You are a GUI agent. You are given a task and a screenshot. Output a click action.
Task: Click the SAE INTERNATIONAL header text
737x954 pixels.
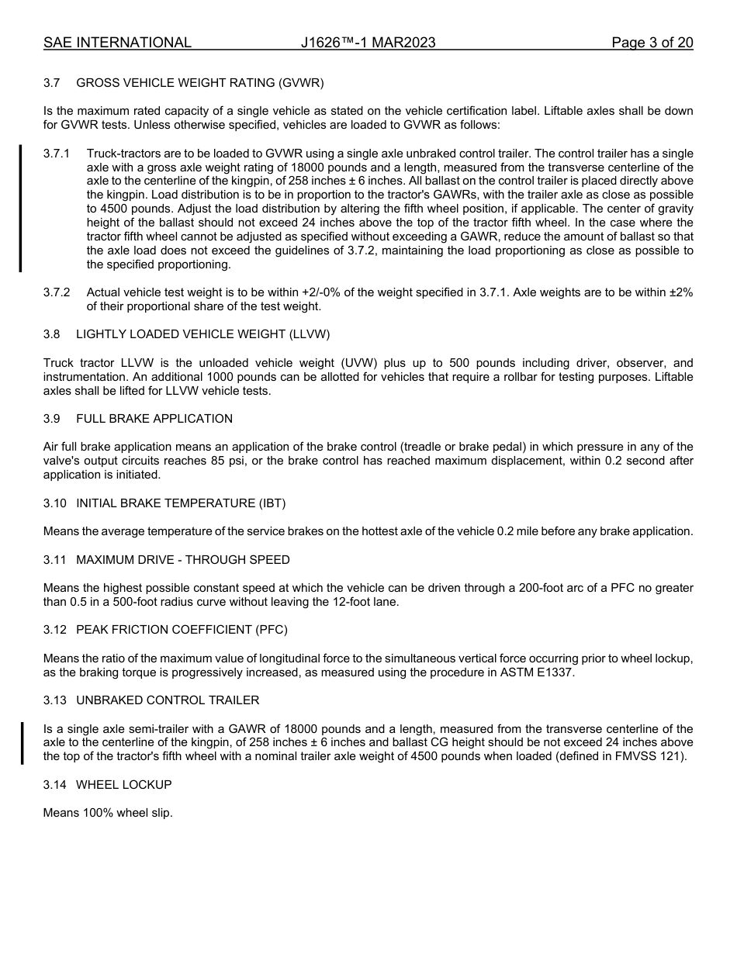click(117, 43)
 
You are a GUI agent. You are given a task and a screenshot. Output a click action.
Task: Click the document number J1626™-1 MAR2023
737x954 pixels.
click(368, 43)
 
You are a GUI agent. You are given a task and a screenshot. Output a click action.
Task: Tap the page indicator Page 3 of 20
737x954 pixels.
click(652, 43)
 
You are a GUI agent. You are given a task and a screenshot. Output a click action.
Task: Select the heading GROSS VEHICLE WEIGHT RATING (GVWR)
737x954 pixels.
click(199, 82)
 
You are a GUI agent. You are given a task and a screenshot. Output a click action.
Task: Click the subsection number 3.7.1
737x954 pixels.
click(57, 154)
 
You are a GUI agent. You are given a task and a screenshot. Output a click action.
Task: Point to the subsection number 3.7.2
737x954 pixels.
click(57, 292)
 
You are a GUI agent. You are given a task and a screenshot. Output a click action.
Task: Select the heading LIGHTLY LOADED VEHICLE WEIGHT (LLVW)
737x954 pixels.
click(202, 334)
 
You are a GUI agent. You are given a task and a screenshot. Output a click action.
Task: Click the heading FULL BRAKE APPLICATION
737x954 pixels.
click(154, 419)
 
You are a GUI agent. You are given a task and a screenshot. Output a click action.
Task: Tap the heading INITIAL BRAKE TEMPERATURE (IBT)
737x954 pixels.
click(181, 503)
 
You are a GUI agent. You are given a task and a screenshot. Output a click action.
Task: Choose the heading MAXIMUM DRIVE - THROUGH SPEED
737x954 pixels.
click(182, 560)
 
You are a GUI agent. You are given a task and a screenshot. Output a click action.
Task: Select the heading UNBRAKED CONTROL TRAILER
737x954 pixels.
click(168, 700)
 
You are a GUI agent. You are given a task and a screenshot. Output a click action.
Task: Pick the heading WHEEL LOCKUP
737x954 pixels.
click(123, 785)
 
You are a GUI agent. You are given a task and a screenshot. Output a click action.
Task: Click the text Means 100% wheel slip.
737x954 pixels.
click(108, 814)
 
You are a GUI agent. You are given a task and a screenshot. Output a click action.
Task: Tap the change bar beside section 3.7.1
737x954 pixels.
click(21, 208)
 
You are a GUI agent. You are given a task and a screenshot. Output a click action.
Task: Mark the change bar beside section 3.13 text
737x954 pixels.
click(22, 743)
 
